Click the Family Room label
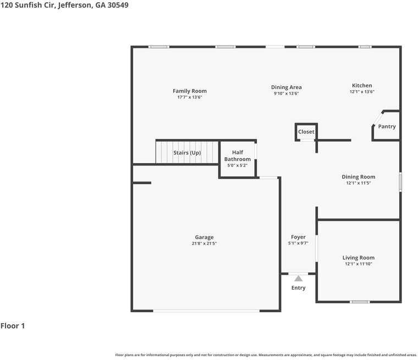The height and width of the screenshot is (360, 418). (x=190, y=91)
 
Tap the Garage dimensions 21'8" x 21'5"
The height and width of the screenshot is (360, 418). (x=204, y=243)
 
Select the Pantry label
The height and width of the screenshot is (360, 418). (x=387, y=126)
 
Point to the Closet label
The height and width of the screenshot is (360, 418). (x=306, y=132)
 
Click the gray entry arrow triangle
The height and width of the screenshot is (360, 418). (x=298, y=279)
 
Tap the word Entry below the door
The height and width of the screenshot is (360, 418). (x=298, y=288)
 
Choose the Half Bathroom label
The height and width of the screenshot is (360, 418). (x=238, y=156)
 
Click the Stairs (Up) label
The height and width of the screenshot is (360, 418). (x=187, y=153)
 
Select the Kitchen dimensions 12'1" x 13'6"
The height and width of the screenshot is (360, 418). (x=362, y=92)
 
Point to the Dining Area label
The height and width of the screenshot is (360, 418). (x=287, y=87)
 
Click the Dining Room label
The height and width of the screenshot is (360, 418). (x=358, y=176)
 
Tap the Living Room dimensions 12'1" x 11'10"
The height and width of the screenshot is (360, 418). (x=358, y=264)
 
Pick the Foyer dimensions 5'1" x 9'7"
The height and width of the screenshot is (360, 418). (x=298, y=243)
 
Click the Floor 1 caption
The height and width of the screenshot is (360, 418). (x=13, y=325)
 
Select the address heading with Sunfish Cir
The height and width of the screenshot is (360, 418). (x=64, y=5)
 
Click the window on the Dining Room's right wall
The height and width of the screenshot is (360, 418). (x=400, y=182)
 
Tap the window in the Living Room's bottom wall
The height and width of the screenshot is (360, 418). (x=360, y=302)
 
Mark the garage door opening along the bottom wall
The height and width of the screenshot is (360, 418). (x=206, y=311)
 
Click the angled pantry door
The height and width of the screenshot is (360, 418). (x=377, y=119)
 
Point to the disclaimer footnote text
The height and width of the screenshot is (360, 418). (x=266, y=355)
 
